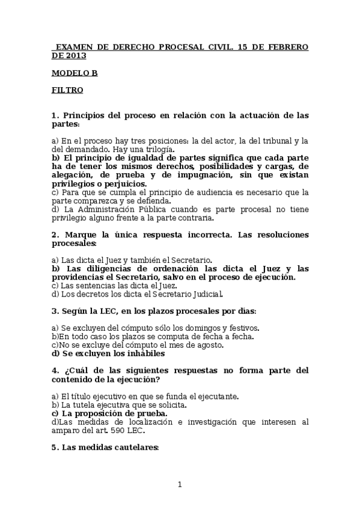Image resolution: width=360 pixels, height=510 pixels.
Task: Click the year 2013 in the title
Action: tap(76, 55)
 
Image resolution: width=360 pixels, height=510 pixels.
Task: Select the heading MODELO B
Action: tap(75, 73)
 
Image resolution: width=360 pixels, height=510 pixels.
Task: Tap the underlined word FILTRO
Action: tap(67, 90)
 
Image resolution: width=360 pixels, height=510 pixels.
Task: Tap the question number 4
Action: tap(54, 370)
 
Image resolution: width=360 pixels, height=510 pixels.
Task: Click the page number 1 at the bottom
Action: tap(179, 485)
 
